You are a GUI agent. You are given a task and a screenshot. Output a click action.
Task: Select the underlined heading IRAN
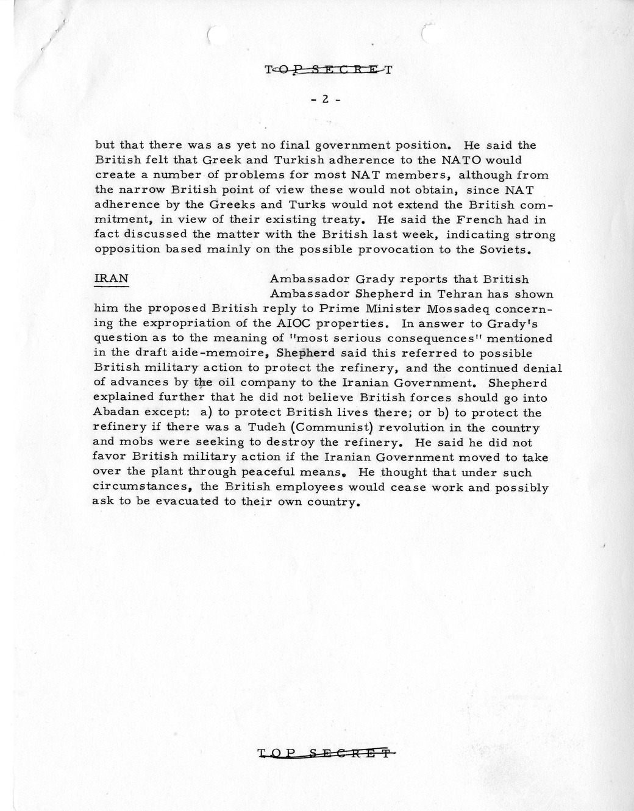tap(111, 279)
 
